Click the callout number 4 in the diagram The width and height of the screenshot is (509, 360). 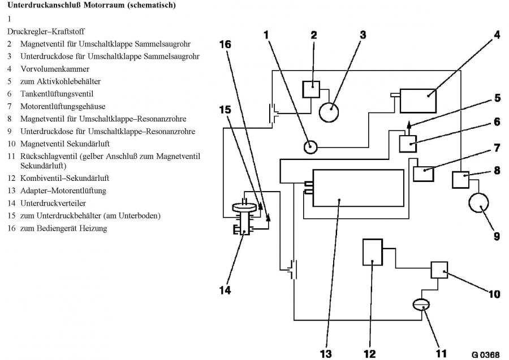pos(497,34)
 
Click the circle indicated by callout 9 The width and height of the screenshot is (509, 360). pos(480,209)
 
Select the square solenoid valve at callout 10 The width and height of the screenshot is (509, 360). pos(440,270)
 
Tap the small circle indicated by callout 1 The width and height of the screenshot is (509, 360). pos(310,147)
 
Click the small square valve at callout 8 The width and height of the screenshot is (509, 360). pos(461,179)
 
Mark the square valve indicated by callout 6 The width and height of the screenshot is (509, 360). pos(408,144)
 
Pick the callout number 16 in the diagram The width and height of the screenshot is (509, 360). pos(225,44)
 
